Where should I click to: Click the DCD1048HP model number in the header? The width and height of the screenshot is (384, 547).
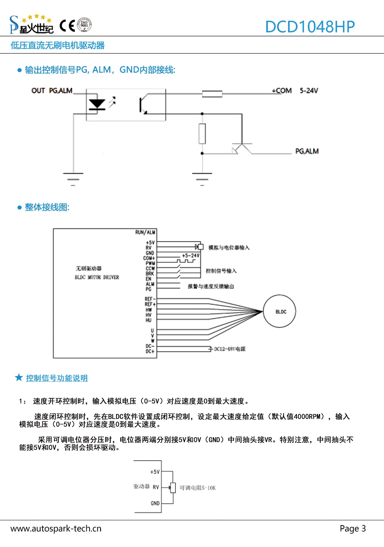pyautogui.click(x=310, y=27)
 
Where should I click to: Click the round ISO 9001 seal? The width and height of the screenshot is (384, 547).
pyautogui.click(x=84, y=25)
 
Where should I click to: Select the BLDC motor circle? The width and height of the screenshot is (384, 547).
pyautogui.click(x=279, y=311)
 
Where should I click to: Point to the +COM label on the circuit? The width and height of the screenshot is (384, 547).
pyautogui.click(x=282, y=91)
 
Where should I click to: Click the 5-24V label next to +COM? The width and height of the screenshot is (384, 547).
pyautogui.click(x=309, y=91)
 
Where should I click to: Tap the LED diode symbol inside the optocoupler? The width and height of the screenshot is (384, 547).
pyautogui.click(x=97, y=104)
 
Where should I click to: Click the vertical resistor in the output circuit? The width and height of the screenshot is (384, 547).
pyautogui.click(x=202, y=133)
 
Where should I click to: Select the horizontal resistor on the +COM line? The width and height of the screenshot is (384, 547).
pyautogui.click(x=212, y=94)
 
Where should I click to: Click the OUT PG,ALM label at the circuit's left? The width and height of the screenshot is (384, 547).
pyautogui.click(x=52, y=91)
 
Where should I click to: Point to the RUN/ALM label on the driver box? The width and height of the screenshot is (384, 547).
pyautogui.click(x=145, y=232)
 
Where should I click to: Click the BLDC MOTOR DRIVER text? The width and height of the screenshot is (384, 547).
pyautogui.click(x=97, y=277)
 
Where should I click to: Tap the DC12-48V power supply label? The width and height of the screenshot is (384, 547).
pyautogui.click(x=230, y=349)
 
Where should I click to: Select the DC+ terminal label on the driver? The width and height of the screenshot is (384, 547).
pyautogui.click(x=150, y=351)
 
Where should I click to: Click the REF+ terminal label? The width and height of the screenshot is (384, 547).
pyautogui.click(x=150, y=304)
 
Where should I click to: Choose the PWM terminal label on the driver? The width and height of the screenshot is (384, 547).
pyautogui.click(x=150, y=263)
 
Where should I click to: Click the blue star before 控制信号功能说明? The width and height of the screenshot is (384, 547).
pyautogui.click(x=19, y=377)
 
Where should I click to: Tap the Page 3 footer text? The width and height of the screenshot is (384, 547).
pyautogui.click(x=353, y=529)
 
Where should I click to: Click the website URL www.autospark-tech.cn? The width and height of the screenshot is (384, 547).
pyautogui.click(x=56, y=529)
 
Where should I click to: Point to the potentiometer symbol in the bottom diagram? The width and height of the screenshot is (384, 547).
pyautogui.click(x=173, y=488)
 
